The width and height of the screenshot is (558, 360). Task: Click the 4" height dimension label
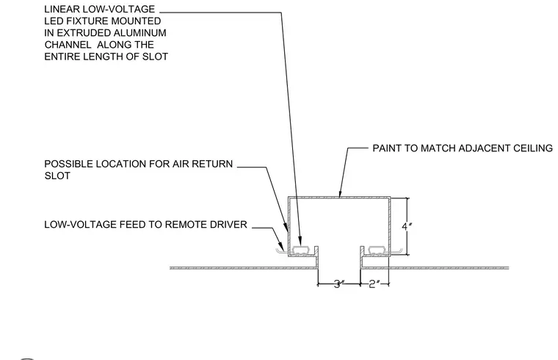(407, 226)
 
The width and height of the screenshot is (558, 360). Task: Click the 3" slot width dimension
(339, 284)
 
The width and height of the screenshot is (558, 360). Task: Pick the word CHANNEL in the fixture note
(68, 45)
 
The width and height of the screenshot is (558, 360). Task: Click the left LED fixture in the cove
(302, 251)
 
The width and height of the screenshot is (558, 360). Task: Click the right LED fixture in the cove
(377, 251)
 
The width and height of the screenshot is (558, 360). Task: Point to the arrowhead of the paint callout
(340, 195)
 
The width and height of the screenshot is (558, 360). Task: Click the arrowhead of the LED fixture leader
(300, 242)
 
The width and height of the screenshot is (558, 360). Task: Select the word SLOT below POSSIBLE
(57, 176)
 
